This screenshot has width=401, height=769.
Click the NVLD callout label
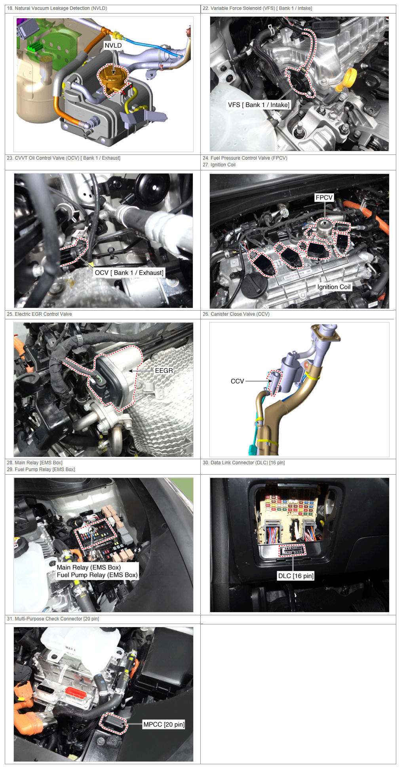click(x=113, y=46)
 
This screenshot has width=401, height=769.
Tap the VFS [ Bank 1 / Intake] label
click(x=258, y=105)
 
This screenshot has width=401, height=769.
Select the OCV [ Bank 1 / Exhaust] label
click(x=129, y=273)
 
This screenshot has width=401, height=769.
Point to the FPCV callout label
click(x=324, y=197)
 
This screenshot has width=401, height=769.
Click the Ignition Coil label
click(x=334, y=287)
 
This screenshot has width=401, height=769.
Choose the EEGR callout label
click(x=164, y=370)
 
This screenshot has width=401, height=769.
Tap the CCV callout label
click(x=237, y=381)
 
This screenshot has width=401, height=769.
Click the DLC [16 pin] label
click(x=296, y=576)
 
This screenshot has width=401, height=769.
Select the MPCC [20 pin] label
click(x=164, y=724)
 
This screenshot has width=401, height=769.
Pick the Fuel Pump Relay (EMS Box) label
click(x=97, y=575)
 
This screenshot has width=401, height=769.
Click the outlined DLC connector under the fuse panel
click(x=293, y=550)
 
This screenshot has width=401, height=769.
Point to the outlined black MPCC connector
click(x=113, y=723)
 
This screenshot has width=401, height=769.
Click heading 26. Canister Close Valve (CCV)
click(x=236, y=314)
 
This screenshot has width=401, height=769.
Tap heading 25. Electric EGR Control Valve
click(x=39, y=314)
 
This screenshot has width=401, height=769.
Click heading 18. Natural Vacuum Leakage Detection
click(x=57, y=8)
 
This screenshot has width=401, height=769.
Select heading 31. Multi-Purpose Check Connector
click(x=53, y=619)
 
